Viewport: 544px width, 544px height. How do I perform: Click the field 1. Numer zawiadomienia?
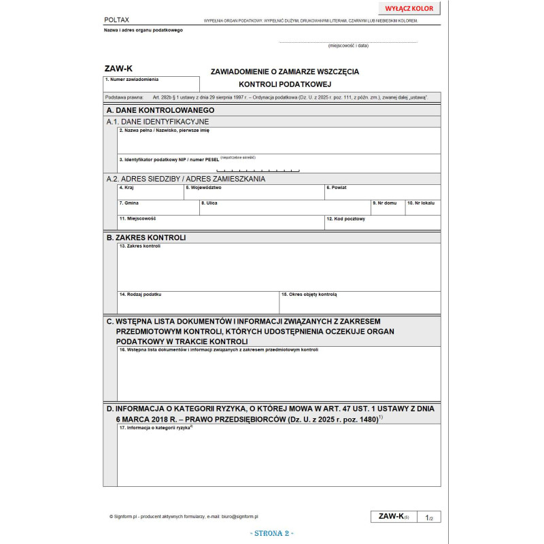(152, 84)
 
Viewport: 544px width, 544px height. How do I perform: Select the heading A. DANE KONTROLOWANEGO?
(160, 109)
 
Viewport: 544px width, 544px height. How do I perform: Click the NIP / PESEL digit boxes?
(258, 169)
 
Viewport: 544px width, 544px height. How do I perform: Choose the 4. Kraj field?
(150, 192)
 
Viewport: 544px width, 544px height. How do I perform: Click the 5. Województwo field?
(254, 192)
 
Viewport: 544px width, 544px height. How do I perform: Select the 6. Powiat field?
(381, 192)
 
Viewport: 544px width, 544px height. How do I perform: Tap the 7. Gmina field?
(158, 208)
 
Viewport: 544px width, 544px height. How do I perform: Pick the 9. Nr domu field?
(388, 208)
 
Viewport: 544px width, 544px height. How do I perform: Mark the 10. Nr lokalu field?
(423, 208)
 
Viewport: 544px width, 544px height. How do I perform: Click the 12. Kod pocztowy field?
(381, 223)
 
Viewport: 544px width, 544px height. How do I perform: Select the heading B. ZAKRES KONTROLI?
(146, 237)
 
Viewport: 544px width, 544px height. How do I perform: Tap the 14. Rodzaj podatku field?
(198, 303)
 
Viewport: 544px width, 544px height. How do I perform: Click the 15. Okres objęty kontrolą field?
(360, 303)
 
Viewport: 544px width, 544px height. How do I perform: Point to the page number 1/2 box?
(429, 517)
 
